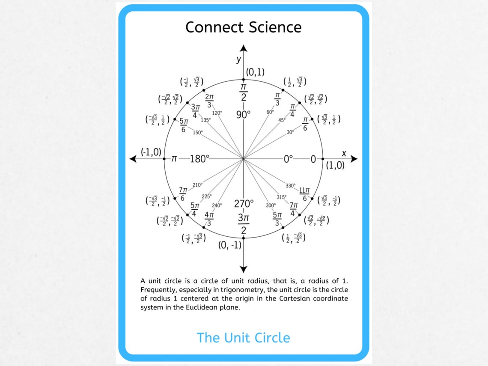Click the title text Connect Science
[243, 27]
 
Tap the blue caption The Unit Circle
[243, 338]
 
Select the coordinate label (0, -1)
[230, 245]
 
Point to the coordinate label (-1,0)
[151, 152]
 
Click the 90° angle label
[243, 115]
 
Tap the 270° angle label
[244, 203]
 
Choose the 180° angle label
[199, 159]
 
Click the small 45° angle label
[282, 120]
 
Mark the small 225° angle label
[207, 196]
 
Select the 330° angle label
[290, 186]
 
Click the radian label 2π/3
[209, 101]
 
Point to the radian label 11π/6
[304, 194]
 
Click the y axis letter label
[239, 60]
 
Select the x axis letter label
[343, 153]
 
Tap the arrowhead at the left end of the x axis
[133, 159]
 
